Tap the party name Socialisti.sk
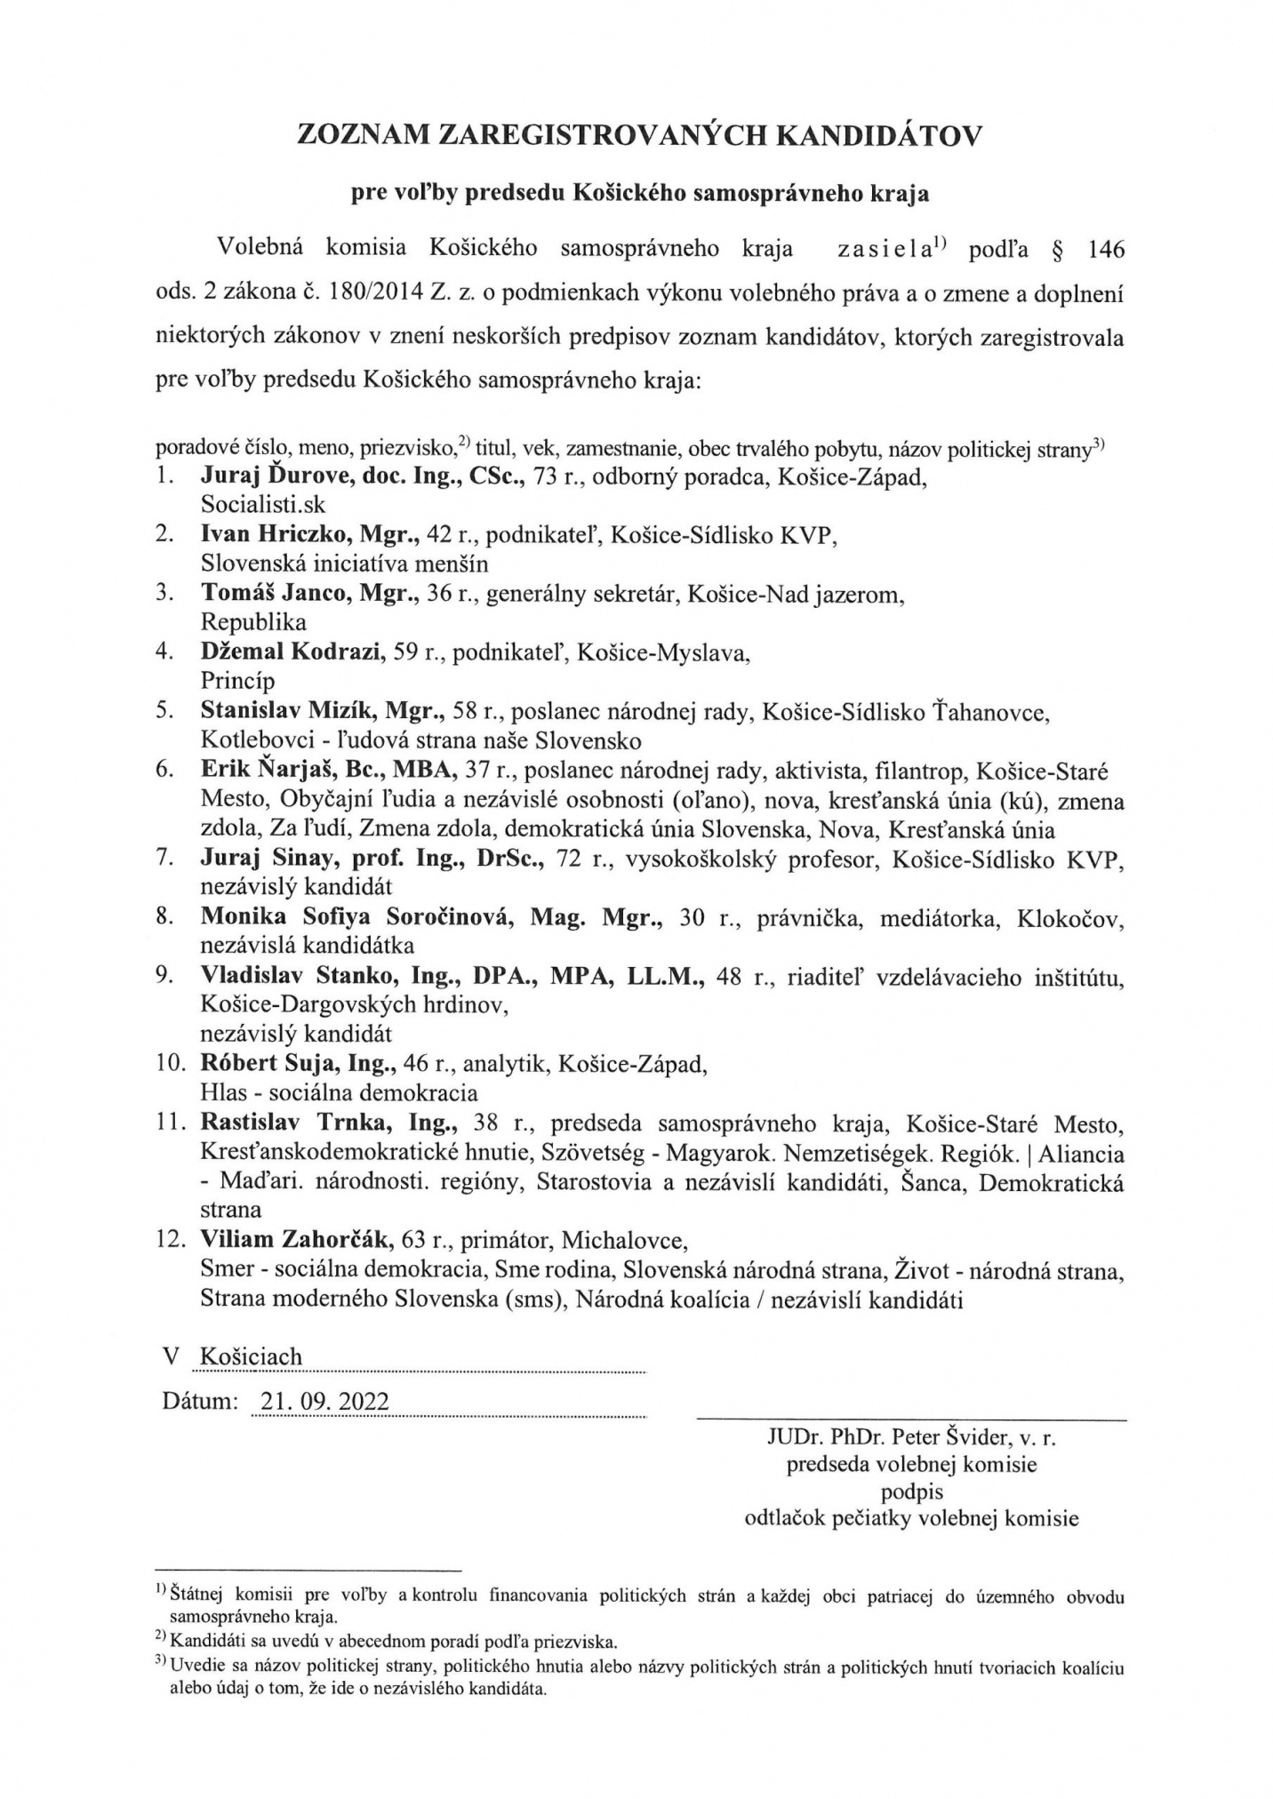(x=263, y=505)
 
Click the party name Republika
(x=253, y=622)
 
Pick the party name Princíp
(x=237, y=681)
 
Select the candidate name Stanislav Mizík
(x=292, y=710)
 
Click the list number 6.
(x=163, y=770)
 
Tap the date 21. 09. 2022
(x=321, y=1402)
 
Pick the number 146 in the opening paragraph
(x=1105, y=250)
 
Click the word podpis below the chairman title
(x=912, y=1491)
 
